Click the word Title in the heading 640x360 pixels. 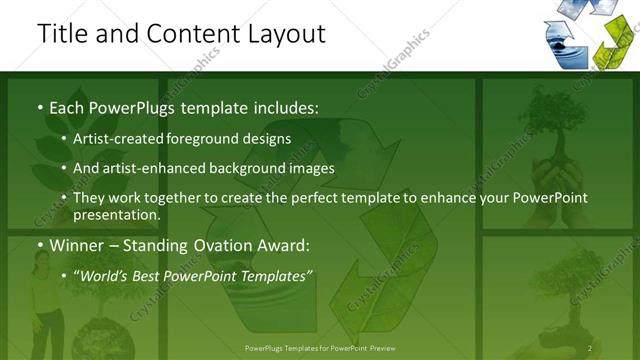pyautogui.click(x=61, y=33)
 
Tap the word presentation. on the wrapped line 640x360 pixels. pyautogui.click(x=116, y=214)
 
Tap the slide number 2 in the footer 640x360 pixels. pyautogui.click(x=590, y=348)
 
